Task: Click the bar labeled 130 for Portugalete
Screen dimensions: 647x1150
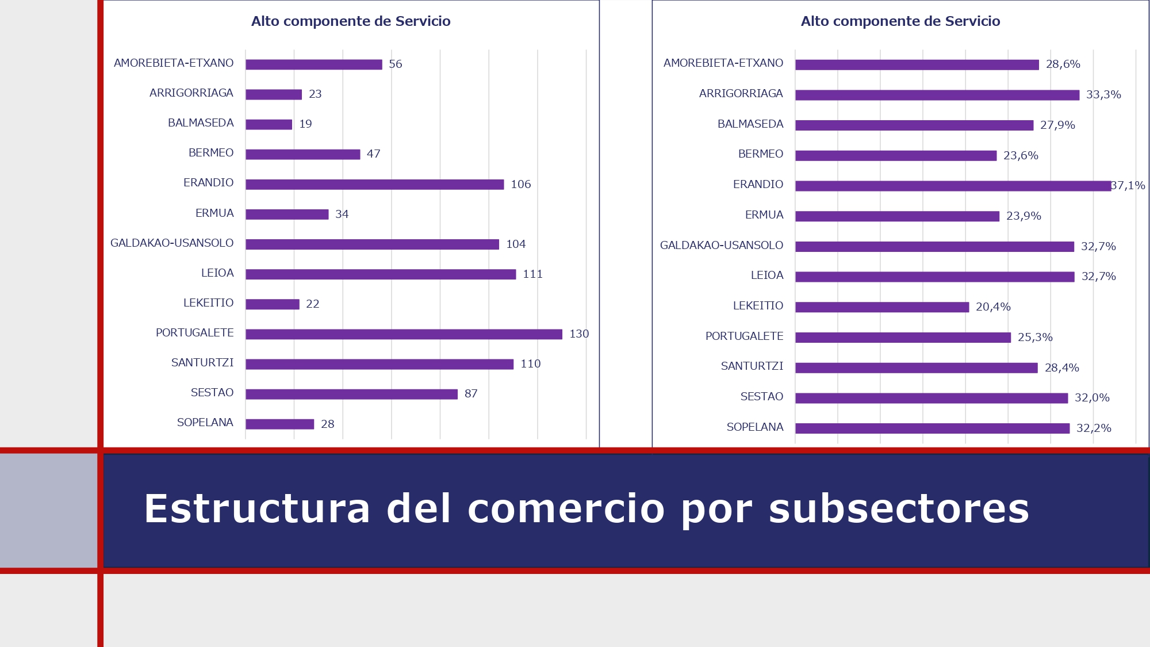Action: tap(404, 334)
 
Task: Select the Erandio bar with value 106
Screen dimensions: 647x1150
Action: tap(374, 185)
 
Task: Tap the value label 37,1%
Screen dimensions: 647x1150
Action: tap(1128, 186)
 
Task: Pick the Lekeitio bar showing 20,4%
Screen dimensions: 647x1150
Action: tap(882, 307)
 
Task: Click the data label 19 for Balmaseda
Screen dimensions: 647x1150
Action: tap(305, 124)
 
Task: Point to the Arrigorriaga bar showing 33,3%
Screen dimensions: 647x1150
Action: tap(937, 95)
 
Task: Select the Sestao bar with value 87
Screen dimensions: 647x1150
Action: tap(351, 394)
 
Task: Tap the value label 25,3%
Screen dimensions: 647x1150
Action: tap(1035, 338)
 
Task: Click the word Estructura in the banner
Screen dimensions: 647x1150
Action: tap(257, 509)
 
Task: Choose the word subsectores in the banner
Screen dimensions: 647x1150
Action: tap(899, 509)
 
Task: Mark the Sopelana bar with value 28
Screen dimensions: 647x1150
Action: tap(279, 424)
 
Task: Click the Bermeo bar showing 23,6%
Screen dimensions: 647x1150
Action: tap(896, 156)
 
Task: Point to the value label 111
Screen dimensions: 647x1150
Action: tap(532, 274)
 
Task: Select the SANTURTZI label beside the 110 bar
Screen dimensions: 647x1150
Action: tap(202, 363)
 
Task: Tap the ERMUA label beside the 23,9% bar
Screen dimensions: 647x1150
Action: tap(764, 215)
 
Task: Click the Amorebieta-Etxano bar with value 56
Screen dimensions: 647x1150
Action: tap(313, 64)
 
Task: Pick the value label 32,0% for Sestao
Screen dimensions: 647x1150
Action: tap(1092, 398)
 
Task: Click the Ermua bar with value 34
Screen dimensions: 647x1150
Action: tap(287, 215)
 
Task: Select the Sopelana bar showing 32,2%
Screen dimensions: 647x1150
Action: tap(932, 428)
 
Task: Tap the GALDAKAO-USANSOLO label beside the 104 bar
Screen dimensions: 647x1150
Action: tap(172, 243)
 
